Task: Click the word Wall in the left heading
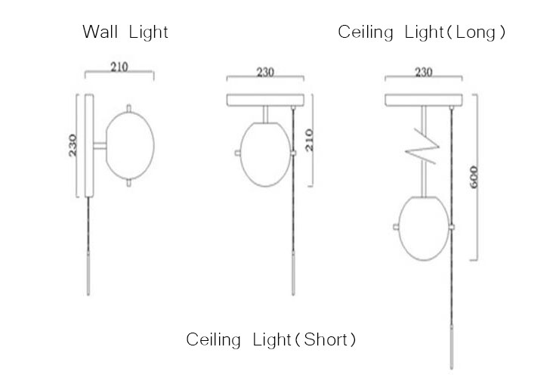pos(100,32)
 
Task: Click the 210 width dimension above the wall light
pos(119,67)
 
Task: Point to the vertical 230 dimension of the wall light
pos(73,145)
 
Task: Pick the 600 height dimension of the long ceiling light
pos(474,177)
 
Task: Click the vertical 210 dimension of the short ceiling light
pos(309,140)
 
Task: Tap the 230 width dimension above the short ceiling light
pos(265,72)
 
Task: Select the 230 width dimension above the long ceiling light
pos(424,72)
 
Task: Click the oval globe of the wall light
pos(130,145)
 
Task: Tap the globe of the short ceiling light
pos(265,154)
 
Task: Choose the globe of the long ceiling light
pos(424,228)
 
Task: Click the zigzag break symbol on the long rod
pos(422,147)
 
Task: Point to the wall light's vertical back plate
pos(89,145)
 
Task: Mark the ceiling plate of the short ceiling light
pos(265,100)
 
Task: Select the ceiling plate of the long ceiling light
pos(424,100)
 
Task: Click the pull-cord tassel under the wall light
pos(88,274)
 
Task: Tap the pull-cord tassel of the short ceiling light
pos(293,274)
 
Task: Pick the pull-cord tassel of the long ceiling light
pos(452,348)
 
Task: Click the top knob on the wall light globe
pos(128,108)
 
